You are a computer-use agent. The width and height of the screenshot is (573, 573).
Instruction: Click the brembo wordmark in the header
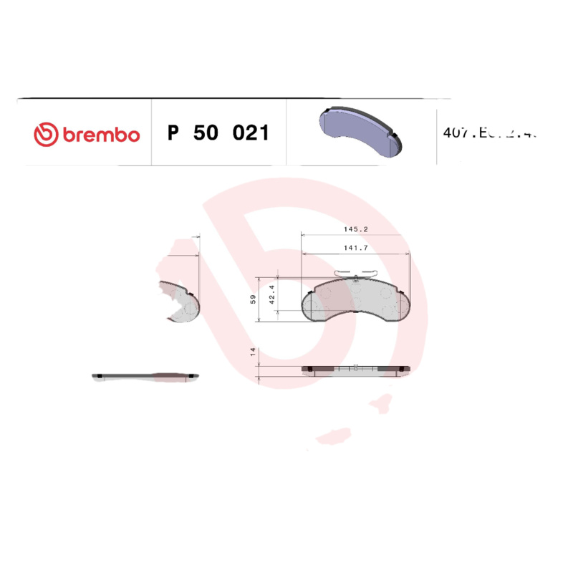pos(100,134)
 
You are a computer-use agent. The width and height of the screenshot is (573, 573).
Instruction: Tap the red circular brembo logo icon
pos(44,134)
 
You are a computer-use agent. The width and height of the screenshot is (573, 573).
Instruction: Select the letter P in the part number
pos(172,133)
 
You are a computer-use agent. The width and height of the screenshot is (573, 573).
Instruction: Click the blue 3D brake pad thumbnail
pos(360,129)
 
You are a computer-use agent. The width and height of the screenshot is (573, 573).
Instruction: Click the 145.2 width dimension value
pos(355,229)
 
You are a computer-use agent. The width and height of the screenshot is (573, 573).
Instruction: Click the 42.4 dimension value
pos(271,297)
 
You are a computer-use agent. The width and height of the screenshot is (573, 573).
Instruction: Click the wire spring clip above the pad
pos(356,273)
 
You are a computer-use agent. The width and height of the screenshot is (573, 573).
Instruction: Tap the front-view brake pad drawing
pos(356,299)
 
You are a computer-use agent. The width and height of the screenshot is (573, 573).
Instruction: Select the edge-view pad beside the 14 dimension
pos(356,369)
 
